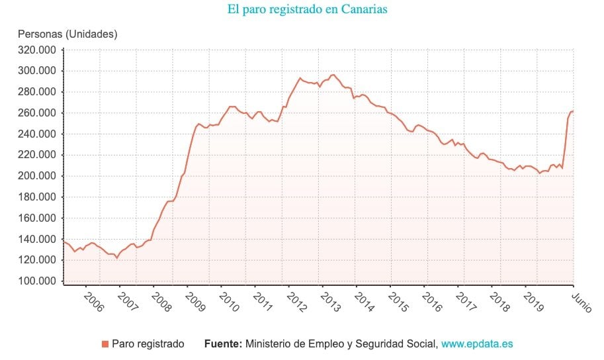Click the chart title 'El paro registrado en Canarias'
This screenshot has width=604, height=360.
click(307, 9)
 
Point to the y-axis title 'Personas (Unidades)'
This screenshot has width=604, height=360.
click(67, 34)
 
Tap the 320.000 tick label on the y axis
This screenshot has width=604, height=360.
click(37, 50)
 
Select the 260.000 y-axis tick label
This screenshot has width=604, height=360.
click(37, 113)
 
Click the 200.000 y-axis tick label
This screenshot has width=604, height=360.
click(37, 176)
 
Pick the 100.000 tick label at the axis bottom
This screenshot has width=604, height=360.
click(37, 281)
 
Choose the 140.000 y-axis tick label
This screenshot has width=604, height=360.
click(37, 239)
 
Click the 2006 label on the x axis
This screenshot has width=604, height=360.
click(93, 302)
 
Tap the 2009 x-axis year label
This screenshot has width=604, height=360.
click(195, 302)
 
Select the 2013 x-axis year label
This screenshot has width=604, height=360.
click(330, 302)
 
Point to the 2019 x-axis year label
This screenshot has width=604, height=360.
click(533, 302)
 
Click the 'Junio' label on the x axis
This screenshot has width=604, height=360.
click(582, 302)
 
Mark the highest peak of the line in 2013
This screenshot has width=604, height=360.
click(333, 75)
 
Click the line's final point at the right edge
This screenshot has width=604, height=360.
click(573, 111)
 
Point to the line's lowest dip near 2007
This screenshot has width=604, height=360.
click(117, 258)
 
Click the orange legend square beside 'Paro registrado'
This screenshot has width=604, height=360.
click(105, 344)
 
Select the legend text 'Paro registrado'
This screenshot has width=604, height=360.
click(148, 344)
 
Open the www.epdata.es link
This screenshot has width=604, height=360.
click(477, 344)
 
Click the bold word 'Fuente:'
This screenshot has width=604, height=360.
click(223, 344)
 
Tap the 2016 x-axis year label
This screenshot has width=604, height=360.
click(431, 302)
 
